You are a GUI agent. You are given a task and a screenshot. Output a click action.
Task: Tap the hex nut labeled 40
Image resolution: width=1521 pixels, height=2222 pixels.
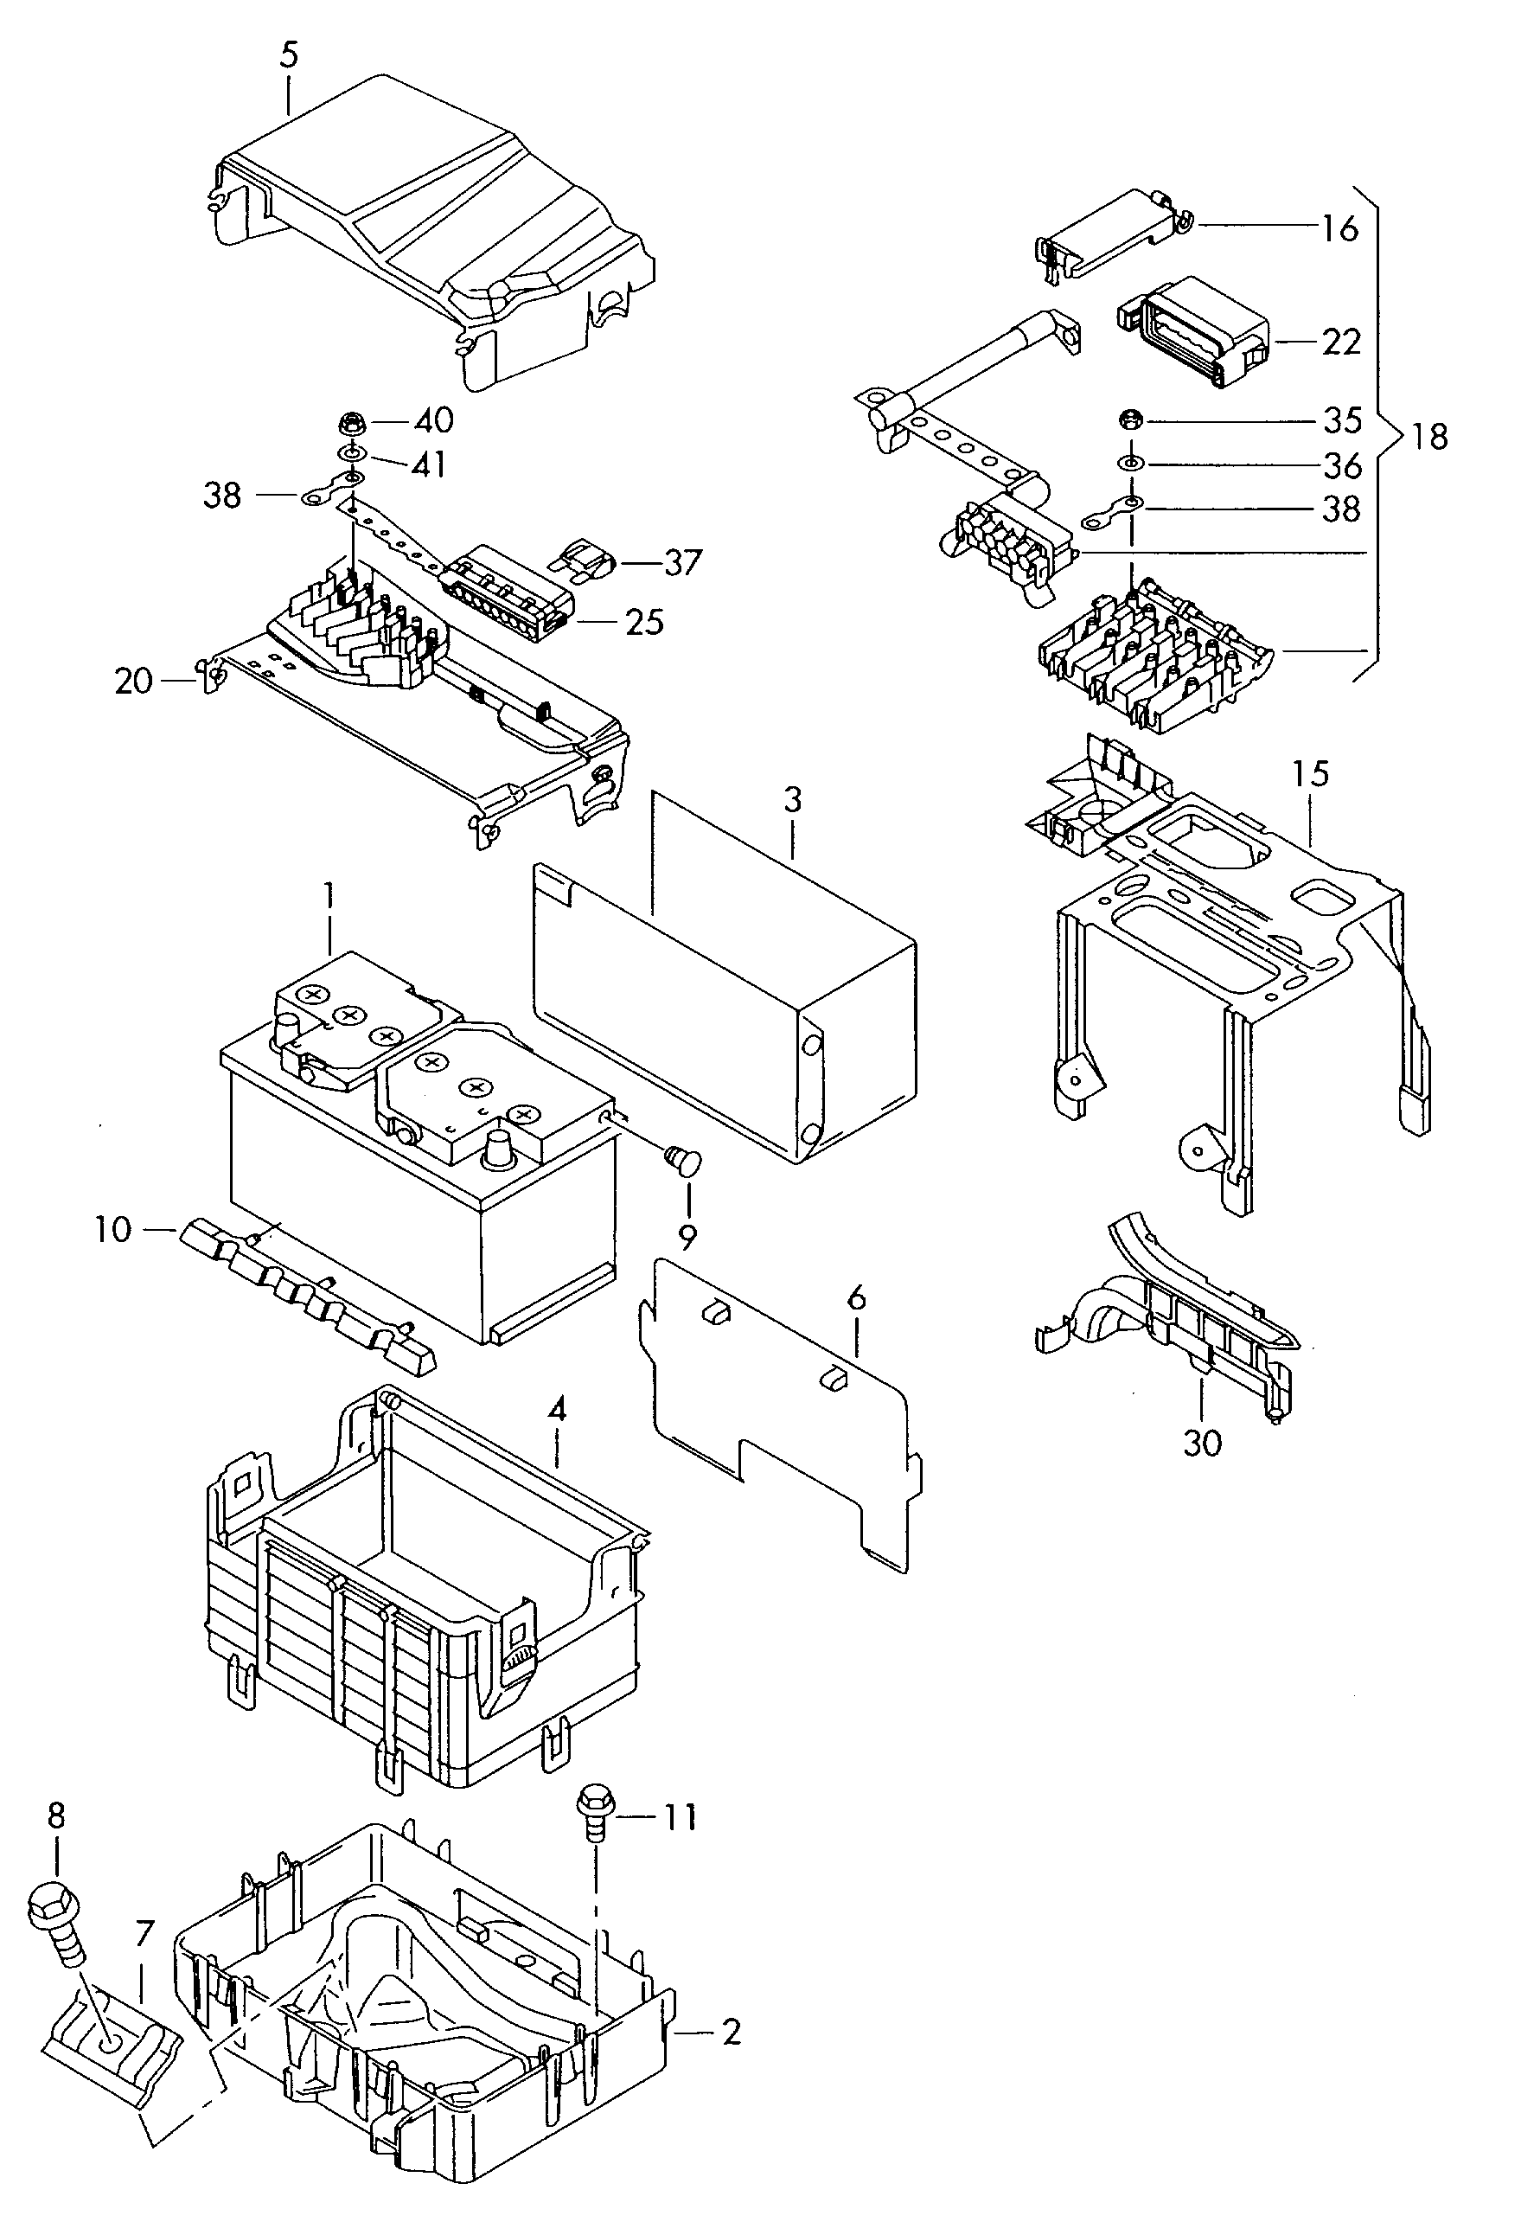[x=350, y=420]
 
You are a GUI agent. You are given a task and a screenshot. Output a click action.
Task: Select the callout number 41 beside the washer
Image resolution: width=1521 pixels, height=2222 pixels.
[x=427, y=465]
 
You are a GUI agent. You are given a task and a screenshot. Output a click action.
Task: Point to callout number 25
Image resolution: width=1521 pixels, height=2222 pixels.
[x=643, y=623]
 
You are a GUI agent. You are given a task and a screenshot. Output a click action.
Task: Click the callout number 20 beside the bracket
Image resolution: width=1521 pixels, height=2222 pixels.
[x=134, y=682]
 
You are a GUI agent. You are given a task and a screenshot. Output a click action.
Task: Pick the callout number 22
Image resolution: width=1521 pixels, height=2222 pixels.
[x=1340, y=342]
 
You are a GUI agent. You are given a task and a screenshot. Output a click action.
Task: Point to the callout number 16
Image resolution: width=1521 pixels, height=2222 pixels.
[x=1339, y=228]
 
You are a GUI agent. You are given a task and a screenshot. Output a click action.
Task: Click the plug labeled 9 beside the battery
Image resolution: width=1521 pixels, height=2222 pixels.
[x=682, y=1162]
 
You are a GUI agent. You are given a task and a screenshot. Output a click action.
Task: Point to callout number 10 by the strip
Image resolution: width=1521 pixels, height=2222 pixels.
[x=112, y=1230]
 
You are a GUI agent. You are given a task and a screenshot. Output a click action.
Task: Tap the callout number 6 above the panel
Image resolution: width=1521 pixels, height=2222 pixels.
[x=856, y=1297]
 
